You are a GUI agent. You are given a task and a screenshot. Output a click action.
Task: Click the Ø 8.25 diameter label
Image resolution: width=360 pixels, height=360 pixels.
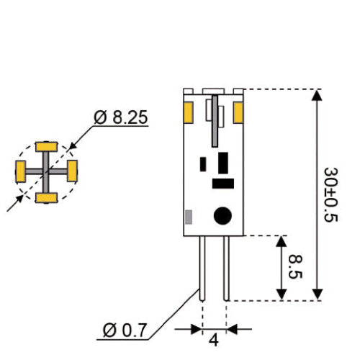(x=121, y=117)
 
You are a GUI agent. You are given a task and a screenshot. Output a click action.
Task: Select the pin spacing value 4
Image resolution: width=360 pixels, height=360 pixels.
(x=214, y=340)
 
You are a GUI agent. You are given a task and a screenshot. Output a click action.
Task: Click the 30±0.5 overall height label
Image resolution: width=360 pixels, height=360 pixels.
(x=330, y=194)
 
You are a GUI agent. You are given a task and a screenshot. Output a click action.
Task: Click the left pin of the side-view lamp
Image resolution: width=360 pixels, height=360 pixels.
(x=203, y=268)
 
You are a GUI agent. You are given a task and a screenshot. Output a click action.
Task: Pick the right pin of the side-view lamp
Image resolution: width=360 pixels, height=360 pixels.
(x=226, y=268)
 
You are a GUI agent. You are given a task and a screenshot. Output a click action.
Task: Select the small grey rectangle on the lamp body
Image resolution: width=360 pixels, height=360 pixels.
(x=189, y=217)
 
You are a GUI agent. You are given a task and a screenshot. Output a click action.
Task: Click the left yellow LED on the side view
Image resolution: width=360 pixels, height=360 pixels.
(x=189, y=112)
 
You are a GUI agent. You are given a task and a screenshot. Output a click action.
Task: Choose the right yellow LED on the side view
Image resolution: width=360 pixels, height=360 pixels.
(x=239, y=112)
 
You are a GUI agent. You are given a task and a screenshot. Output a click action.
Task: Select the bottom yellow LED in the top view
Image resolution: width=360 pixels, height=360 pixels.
(x=47, y=197)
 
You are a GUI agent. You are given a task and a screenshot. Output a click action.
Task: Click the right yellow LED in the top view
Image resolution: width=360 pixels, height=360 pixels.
(x=72, y=171)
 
